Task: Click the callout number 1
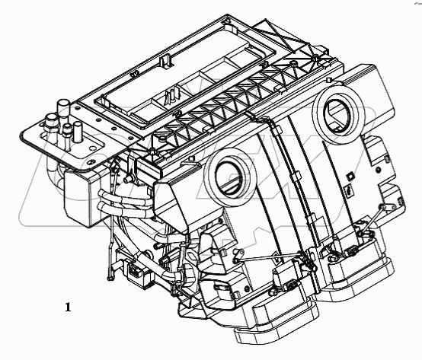click(69, 307)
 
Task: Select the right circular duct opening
click(340, 109)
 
